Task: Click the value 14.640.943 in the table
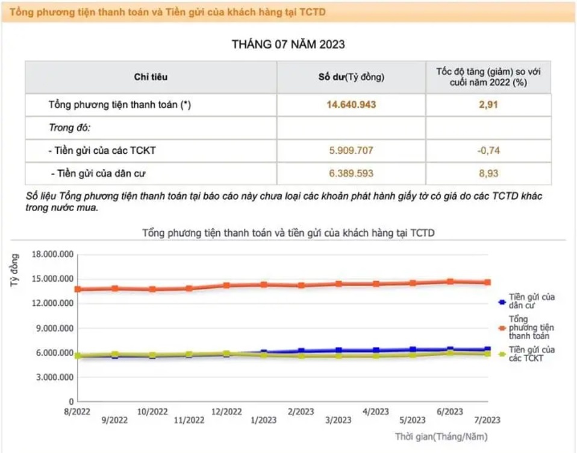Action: [351, 104]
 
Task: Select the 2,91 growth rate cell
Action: [488, 104]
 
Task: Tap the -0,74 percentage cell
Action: [488, 150]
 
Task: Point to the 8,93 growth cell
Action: [488, 173]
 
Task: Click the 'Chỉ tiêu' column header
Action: [151, 77]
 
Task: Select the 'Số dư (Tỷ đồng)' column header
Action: [351, 77]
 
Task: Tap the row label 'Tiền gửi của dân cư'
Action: [99, 174]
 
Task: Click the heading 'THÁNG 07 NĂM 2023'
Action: [288, 44]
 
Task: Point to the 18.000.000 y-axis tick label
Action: [53, 255]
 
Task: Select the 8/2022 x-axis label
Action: [77, 411]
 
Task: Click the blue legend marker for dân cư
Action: [502, 301]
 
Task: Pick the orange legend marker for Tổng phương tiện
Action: [502, 328]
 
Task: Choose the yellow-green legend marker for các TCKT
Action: [502, 353]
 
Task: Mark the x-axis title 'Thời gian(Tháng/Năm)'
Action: [441, 436]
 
